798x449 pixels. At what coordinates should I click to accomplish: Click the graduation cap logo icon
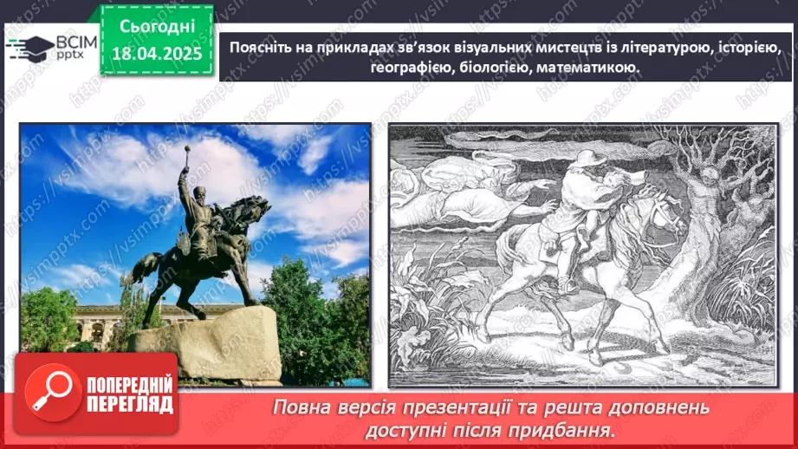[27, 47]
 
